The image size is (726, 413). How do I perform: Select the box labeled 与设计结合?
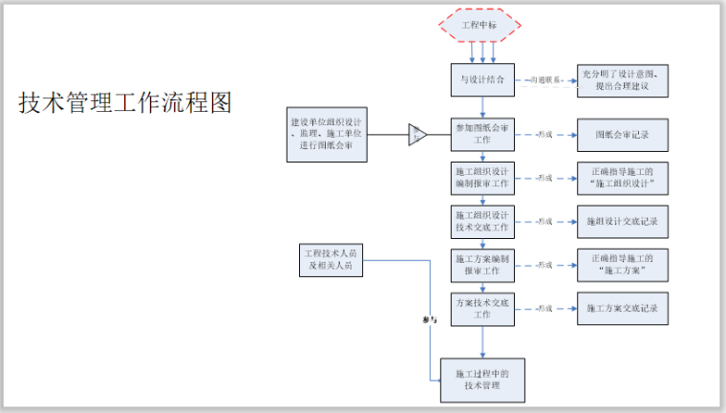(483, 80)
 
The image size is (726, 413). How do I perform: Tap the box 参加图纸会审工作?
(483, 134)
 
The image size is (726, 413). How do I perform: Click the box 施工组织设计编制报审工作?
(483, 178)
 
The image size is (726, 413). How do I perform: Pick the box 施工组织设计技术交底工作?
(483, 221)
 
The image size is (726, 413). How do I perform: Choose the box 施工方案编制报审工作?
(483, 264)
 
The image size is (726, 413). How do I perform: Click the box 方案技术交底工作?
(483, 308)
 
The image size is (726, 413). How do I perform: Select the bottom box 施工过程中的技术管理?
(483, 379)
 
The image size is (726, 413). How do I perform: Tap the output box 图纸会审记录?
(622, 134)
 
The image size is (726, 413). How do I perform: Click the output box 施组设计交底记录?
(622, 221)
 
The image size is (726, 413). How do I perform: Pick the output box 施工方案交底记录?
(622, 309)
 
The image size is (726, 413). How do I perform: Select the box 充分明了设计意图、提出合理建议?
(622, 81)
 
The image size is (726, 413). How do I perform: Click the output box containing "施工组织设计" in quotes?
(622, 178)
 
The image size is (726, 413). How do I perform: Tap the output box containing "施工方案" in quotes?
(622, 264)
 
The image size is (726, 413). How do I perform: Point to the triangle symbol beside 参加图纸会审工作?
(418, 135)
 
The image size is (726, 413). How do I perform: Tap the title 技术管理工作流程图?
(125, 103)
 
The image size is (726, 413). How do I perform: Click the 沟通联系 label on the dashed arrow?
(546, 80)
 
